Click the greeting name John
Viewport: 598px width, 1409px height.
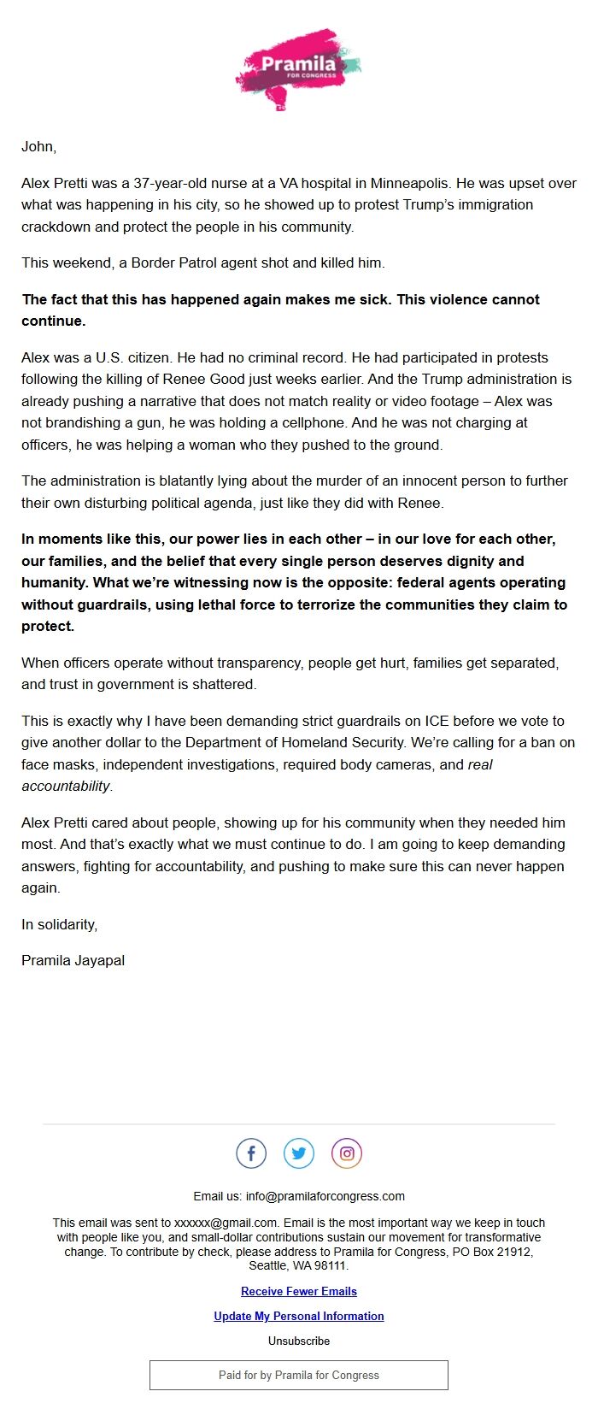point(38,147)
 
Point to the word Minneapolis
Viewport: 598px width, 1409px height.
point(409,183)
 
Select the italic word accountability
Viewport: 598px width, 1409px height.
point(66,786)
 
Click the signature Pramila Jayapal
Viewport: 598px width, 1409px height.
point(73,960)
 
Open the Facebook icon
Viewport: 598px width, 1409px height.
point(251,1153)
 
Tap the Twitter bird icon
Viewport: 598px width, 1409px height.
point(299,1153)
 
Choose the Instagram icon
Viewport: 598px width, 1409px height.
point(347,1153)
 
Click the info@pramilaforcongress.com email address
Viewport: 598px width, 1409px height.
point(325,1196)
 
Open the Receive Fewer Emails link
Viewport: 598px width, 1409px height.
point(299,1291)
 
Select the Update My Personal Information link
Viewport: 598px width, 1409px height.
point(299,1316)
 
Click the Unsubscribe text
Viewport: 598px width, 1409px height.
point(299,1341)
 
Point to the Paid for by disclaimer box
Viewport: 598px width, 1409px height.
point(299,1375)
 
